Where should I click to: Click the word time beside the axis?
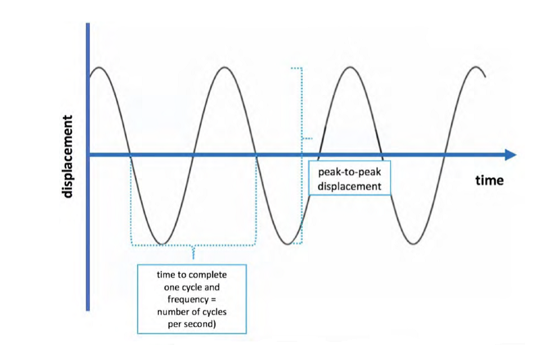pyautogui.click(x=489, y=181)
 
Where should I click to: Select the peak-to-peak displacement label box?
pyautogui.click(x=349, y=178)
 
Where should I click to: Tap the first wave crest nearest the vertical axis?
pyautogui.click(x=98, y=67)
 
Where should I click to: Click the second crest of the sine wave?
pyautogui.click(x=225, y=67)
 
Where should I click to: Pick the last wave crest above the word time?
pyautogui.click(x=477, y=67)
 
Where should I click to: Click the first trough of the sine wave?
pyautogui.click(x=162, y=244)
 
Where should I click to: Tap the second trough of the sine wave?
pyautogui.click(x=288, y=244)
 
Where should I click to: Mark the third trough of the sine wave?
pyautogui.click(x=414, y=244)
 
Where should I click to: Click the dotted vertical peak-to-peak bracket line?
pyautogui.click(x=302, y=112)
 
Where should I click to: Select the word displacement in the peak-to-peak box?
pyautogui.click(x=349, y=186)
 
